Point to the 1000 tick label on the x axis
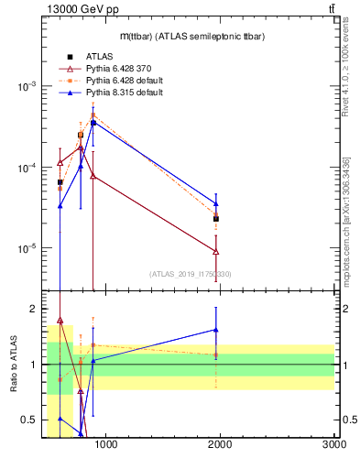click(106, 445)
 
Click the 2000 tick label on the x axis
click(221, 445)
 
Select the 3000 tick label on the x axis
click(333, 445)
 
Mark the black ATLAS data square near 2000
click(216, 219)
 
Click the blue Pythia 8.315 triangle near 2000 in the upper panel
click(216, 203)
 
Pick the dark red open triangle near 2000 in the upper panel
click(216, 251)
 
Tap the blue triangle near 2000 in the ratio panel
click(216, 330)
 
